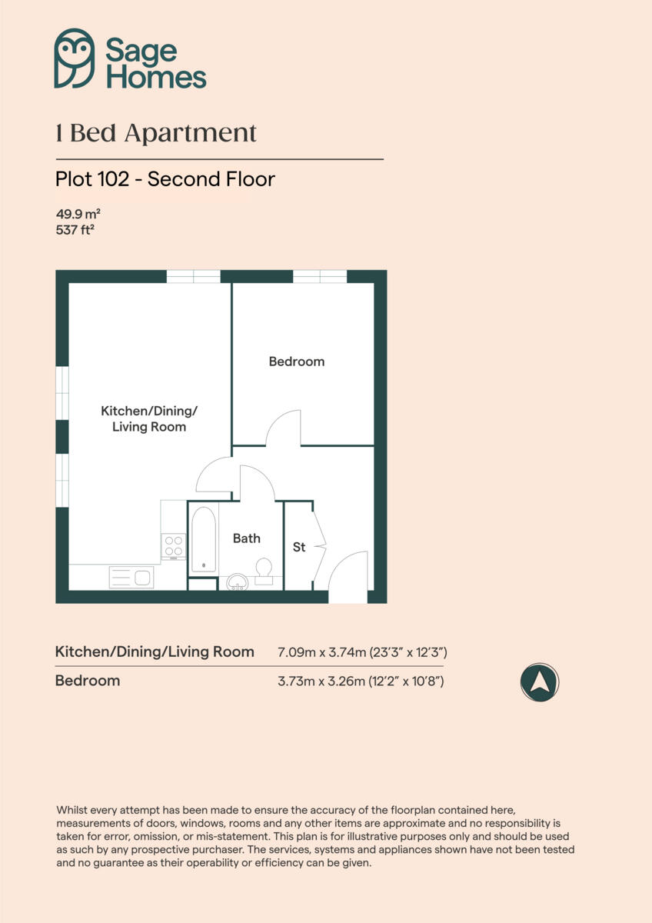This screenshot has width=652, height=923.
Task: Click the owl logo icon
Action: click(x=75, y=58)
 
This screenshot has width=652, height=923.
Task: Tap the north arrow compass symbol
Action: click(x=539, y=681)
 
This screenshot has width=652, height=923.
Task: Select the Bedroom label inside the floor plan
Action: click(x=297, y=362)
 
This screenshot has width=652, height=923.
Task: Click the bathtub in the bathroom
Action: click(x=204, y=538)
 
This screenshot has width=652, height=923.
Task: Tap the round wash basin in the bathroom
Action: click(x=237, y=581)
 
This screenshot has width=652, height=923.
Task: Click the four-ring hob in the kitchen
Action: click(x=174, y=546)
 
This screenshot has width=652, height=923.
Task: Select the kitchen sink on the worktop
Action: click(x=131, y=577)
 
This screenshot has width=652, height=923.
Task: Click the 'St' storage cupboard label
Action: click(x=299, y=548)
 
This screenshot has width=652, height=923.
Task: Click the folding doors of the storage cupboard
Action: click(x=318, y=546)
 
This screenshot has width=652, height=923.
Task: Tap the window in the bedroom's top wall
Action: click(x=320, y=276)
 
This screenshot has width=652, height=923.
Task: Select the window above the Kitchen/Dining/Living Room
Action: click(x=194, y=276)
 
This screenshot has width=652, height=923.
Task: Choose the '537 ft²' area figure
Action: click(x=75, y=229)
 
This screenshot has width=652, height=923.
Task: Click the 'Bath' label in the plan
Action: click(x=247, y=538)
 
